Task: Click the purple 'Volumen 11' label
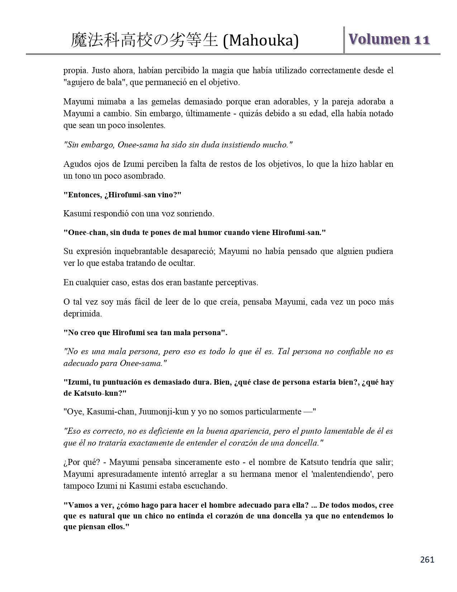coord(389,39)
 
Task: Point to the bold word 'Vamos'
coord(77,505)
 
